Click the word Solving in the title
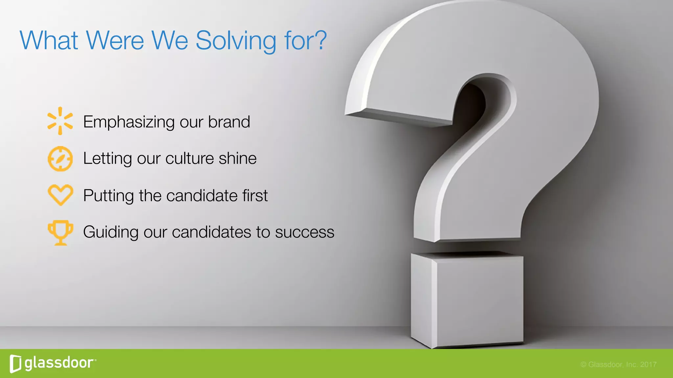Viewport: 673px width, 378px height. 236,41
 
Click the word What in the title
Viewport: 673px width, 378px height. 49,40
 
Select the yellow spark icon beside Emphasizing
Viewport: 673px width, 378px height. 60,121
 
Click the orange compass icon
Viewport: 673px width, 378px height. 60,159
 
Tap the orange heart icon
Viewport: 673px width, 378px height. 60,195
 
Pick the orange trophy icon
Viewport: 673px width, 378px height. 60,232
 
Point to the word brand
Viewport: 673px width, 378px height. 229,122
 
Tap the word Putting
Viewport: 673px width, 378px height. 108,196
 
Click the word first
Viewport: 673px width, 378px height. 255,196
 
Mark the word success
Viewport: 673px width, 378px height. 305,232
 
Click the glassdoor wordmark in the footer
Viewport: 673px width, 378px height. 59,363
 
